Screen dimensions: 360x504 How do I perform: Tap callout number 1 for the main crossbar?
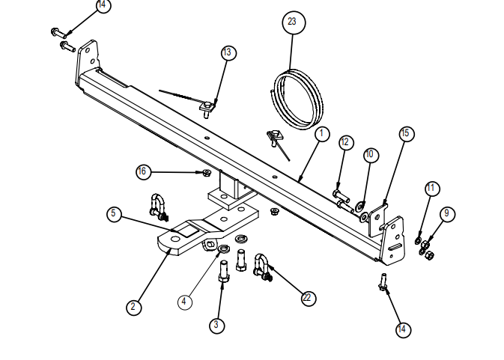[x=321, y=134]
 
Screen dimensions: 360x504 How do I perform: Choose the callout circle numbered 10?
[x=369, y=154]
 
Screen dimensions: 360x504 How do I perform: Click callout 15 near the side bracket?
[x=405, y=133]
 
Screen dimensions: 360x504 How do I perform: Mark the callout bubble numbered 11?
[x=431, y=189]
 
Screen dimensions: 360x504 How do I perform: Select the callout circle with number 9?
[x=446, y=214]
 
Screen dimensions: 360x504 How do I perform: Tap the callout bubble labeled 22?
[x=307, y=297]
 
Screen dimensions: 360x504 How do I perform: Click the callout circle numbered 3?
[x=216, y=325]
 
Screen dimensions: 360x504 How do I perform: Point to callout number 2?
[x=133, y=306]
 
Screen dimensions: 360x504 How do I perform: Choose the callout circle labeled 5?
[x=113, y=213]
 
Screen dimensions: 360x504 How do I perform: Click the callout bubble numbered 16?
[x=142, y=171]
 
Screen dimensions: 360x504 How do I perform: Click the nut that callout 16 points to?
[x=204, y=174]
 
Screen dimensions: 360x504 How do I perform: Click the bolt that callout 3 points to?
[x=222, y=277]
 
